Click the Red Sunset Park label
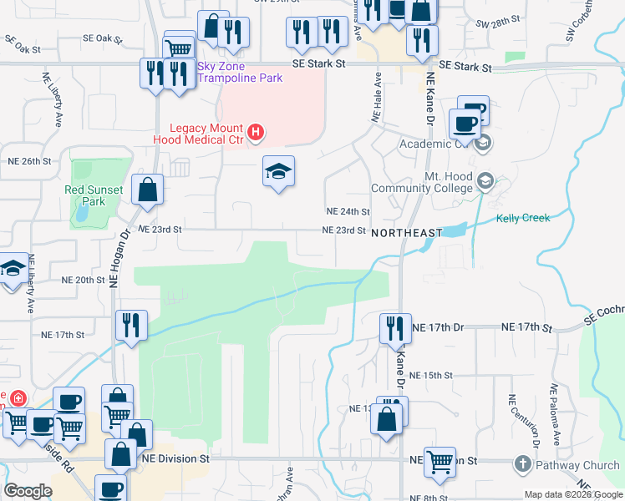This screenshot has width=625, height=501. tap(94, 195)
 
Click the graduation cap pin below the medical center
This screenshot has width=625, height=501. tap(279, 171)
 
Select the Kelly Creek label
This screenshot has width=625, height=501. tap(523, 218)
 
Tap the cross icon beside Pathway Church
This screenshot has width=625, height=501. tap(523, 464)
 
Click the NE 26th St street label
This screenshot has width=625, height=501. tap(29, 160)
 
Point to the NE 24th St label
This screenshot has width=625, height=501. tap(348, 212)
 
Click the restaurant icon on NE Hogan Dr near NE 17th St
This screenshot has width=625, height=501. tap(131, 324)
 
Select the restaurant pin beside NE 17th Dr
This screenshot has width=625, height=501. tap(394, 327)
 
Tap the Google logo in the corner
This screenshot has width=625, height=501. tap(28, 491)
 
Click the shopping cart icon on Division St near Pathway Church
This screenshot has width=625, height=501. tap(440, 460)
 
